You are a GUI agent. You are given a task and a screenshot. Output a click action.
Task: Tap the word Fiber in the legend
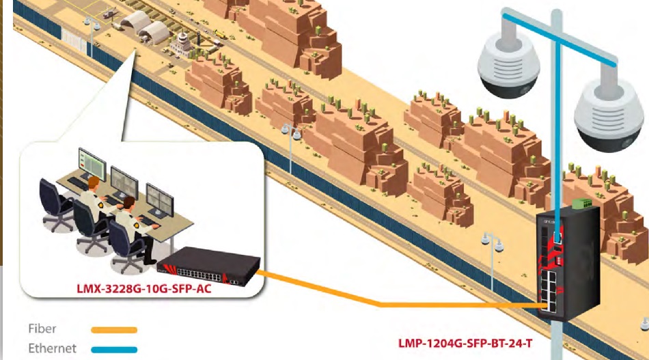pos(42,329)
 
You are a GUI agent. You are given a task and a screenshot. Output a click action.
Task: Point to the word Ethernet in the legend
pos(53,348)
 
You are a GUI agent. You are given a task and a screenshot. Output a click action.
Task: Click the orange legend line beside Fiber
pos(114,330)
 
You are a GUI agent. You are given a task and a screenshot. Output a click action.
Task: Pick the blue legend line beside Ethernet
pos(114,349)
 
